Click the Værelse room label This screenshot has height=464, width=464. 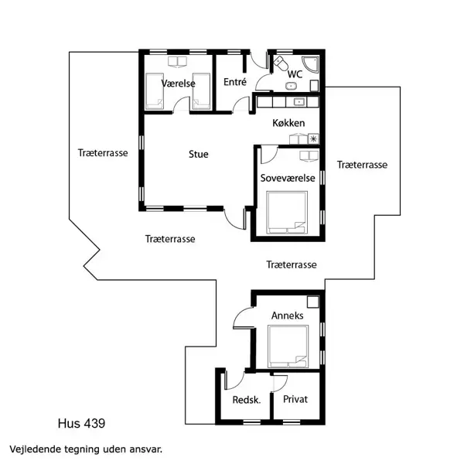coord(178,83)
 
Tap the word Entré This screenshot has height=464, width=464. coord(234,82)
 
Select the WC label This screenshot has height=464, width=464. coord(295,74)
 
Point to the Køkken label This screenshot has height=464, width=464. coord(288,123)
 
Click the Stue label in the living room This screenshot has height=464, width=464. coord(199,154)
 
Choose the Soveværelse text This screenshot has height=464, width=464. coord(288,177)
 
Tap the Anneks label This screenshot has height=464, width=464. coord(287,316)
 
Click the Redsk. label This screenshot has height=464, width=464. coord(246,400)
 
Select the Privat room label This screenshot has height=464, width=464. coord(295,400)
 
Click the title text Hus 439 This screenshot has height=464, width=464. coord(81,423)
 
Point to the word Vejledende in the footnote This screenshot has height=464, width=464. coord(36,449)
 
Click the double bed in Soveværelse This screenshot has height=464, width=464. coord(288,212)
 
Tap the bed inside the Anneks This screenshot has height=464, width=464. coord(288,346)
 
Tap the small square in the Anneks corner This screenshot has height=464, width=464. coord(313,302)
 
